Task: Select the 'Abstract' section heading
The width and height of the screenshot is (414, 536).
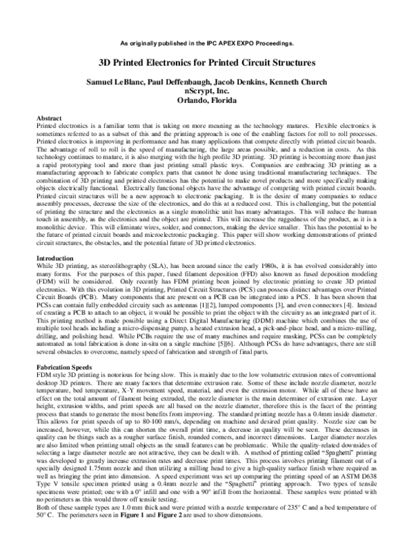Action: pyautogui.click(x=49, y=119)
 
